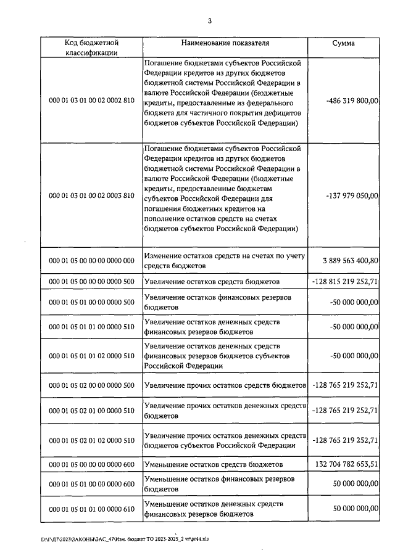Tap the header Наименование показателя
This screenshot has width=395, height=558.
225,43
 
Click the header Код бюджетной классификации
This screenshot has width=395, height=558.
91,48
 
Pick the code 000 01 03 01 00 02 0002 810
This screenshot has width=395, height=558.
91,101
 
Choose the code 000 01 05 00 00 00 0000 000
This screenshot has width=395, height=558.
91,260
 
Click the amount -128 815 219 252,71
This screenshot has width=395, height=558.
345,282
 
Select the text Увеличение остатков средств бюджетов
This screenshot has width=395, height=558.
212,282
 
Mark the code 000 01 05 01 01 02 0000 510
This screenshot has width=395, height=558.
91,356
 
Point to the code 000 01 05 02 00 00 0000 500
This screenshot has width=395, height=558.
91,385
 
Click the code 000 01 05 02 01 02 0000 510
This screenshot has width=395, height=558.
91,440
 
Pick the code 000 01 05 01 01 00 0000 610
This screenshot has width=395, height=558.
91,508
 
